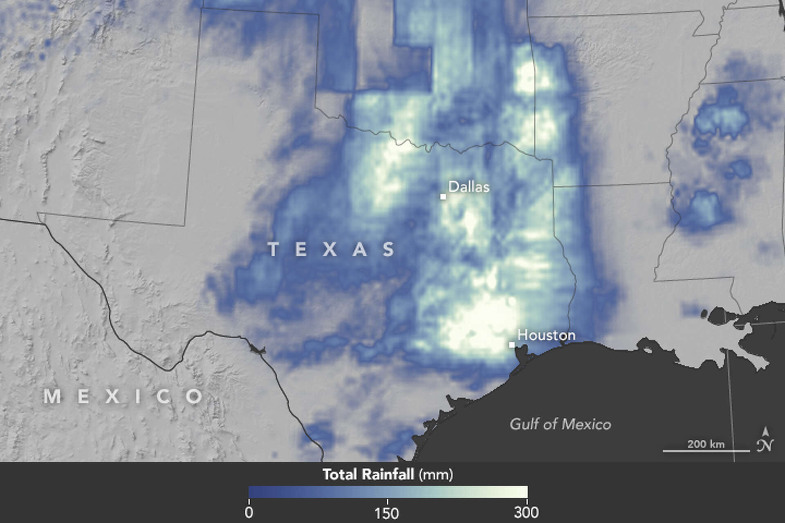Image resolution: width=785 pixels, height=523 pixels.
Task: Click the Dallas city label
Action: click(x=469, y=187)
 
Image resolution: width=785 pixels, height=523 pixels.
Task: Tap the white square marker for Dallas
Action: click(x=443, y=197)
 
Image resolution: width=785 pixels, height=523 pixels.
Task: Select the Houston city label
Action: click(x=546, y=335)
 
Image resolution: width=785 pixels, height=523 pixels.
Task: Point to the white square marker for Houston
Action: click(x=511, y=345)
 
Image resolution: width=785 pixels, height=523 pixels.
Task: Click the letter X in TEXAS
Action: click(x=330, y=249)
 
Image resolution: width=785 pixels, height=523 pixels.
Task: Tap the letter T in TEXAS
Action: click(x=273, y=249)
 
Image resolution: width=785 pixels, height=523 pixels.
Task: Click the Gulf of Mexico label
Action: click(x=560, y=425)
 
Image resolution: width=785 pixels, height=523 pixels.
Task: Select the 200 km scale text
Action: click(x=706, y=444)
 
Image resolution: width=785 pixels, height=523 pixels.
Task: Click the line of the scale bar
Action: click(x=706, y=451)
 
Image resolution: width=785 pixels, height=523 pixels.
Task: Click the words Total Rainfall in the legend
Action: click(x=368, y=474)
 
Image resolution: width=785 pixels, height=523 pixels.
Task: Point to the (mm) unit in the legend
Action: click(x=436, y=475)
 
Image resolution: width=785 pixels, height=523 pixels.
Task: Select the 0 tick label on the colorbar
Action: click(x=249, y=512)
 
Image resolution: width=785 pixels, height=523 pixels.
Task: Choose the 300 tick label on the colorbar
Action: click(x=527, y=512)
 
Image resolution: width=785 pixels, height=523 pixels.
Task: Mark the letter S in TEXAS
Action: click(x=389, y=249)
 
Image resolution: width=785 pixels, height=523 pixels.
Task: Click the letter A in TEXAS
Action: click(x=360, y=249)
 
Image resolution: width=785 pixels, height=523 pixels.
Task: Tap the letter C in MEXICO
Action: click(x=164, y=396)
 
